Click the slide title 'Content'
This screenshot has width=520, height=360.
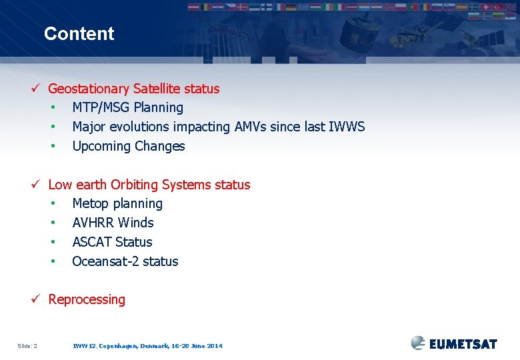[x=79, y=34]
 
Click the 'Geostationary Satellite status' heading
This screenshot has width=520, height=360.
[x=133, y=89]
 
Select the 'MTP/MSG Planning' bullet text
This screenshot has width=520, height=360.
[x=127, y=107]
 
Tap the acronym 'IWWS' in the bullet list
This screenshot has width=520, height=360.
[x=347, y=127]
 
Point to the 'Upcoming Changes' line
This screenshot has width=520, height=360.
[x=128, y=146]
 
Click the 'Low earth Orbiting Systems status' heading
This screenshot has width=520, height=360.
[x=149, y=185]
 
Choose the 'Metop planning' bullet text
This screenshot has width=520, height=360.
[x=117, y=203]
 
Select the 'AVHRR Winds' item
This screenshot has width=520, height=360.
[x=113, y=223]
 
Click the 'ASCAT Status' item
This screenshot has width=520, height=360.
[x=112, y=242]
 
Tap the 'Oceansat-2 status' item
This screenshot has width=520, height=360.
[x=125, y=261]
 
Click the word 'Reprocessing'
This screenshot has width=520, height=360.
[x=87, y=299]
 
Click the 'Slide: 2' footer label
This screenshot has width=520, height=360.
[x=27, y=346]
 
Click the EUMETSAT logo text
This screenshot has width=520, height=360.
[x=463, y=344]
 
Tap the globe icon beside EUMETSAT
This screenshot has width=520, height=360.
[x=418, y=343]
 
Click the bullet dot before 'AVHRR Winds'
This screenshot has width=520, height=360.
[x=53, y=223]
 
